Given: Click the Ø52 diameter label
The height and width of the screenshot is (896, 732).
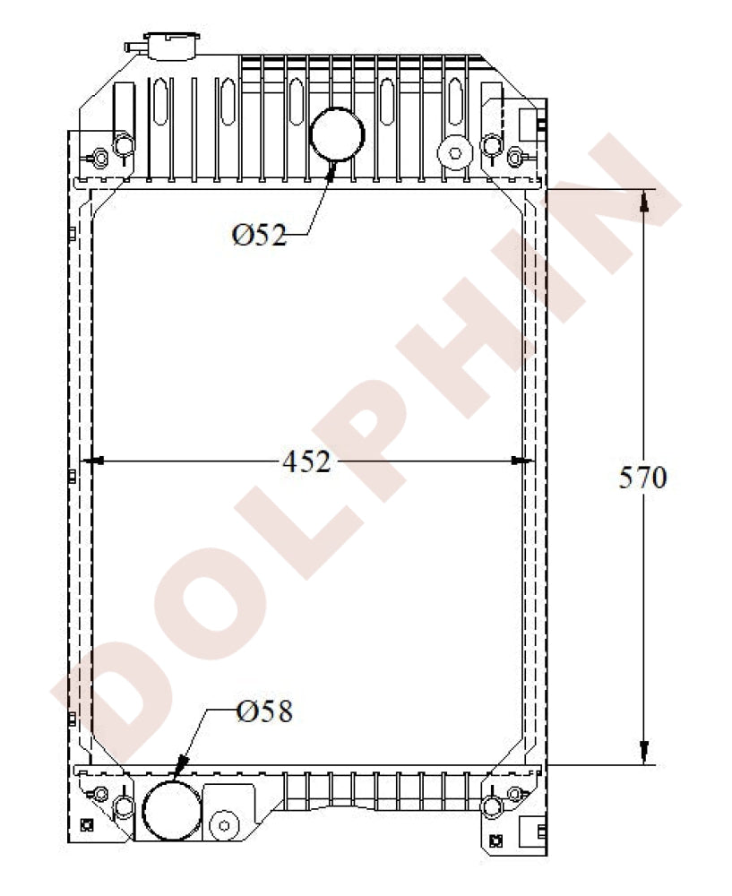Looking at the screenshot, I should point(259,235).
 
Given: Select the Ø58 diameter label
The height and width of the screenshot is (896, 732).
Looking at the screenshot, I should point(264,711).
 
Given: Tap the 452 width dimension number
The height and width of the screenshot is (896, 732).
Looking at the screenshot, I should point(306,461).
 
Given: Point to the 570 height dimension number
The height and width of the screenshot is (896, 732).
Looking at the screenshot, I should point(642,478).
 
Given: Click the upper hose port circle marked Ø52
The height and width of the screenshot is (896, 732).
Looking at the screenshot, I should point(337,134).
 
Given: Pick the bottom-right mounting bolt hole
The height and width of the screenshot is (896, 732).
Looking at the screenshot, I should point(490,807).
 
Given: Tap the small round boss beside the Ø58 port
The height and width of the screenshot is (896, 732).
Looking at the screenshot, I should point(224,823).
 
